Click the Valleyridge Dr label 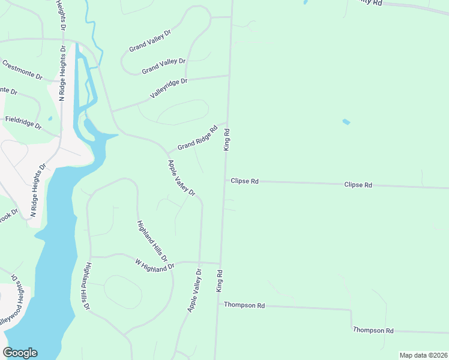pos(169,88)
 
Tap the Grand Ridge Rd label pos(197,138)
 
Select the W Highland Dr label pos(154,263)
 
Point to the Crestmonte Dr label pos(22,70)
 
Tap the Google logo pos(20,353)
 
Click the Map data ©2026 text pos(423,355)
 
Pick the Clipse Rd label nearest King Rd pos(244,181)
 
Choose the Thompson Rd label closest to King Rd pos(244,305)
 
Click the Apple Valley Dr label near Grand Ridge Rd pos(182,178)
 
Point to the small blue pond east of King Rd pos(346,122)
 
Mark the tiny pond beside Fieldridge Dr pos(50,118)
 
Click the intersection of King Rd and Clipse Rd pos(224,180)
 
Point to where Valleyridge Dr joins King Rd pos(229,76)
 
